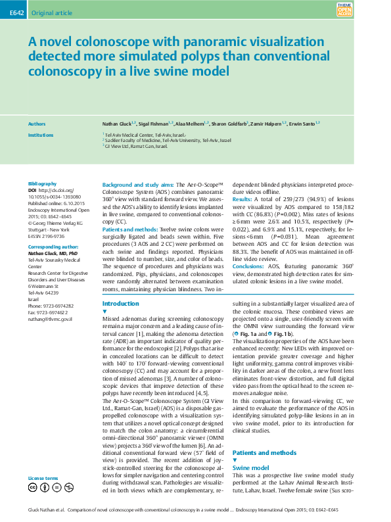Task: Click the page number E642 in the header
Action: (x=16, y=11)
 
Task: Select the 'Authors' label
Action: (x=37, y=124)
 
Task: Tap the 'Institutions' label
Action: (x=41, y=134)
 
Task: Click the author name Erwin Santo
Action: (x=304, y=124)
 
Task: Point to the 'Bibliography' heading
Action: (x=43, y=183)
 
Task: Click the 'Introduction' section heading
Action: (x=122, y=304)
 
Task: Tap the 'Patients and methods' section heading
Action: (x=264, y=453)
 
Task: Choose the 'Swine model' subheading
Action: (x=251, y=467)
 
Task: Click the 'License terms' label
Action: (x=43, y=478)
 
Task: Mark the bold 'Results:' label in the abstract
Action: (x=242, y=199)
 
